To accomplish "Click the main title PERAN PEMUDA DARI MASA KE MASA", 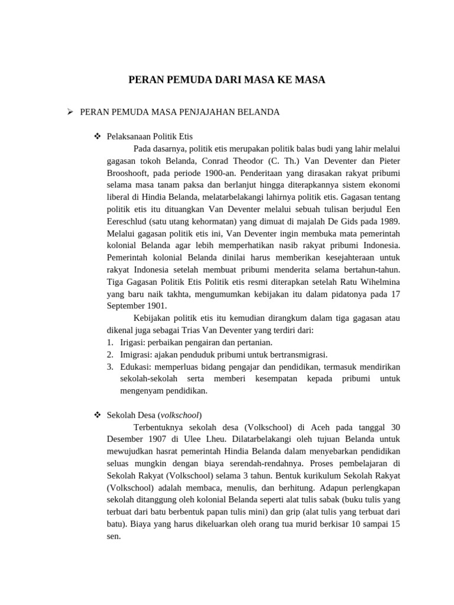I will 227,79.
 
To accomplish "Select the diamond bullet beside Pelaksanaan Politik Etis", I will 98,136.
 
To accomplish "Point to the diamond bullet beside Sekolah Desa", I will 98,415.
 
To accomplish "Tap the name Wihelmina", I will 377,281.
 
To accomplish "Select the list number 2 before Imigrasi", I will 110,354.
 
